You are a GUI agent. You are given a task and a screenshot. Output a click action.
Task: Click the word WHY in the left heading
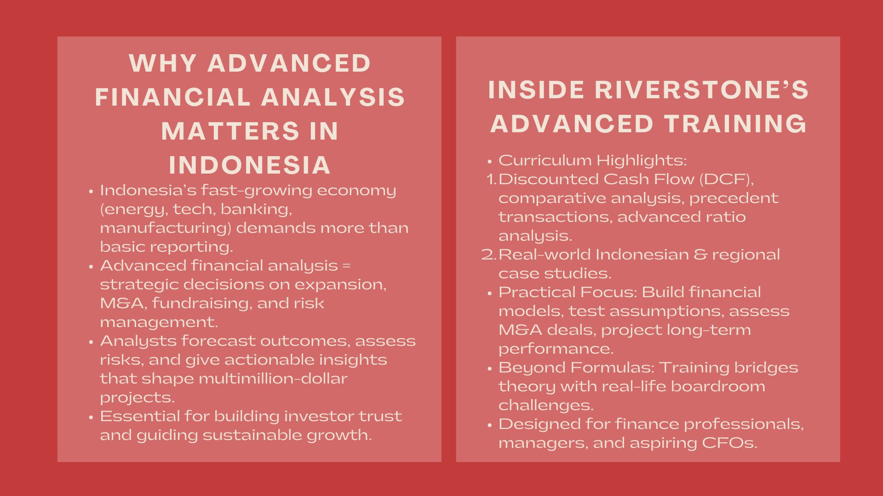click(163, 63)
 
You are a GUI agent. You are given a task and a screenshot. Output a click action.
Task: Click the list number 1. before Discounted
click(491, 179)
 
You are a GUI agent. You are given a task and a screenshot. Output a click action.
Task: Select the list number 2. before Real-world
click(489, 254)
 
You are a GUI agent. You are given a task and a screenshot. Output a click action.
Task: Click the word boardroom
click(718, 386)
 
